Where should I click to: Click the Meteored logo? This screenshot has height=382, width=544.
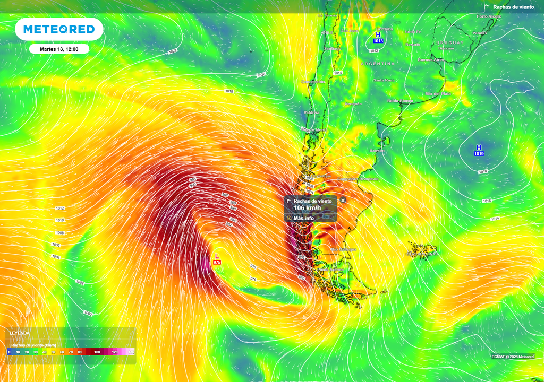pyautogui.click(x=59, y=29)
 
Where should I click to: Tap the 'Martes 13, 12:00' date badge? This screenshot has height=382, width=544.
pyautogui.click(x=59, y=49)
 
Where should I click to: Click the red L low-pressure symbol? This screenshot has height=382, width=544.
pyautogui.click(x=216, y=256)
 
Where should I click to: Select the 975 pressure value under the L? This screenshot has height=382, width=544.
pyautogui.click(x=217, y=263)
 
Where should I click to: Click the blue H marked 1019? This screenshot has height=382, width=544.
pyautogui.click(x=479, y=147)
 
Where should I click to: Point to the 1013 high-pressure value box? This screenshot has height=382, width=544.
pyautogui.click(x=378, y=41)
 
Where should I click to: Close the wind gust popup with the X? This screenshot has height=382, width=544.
pyautogui.click(x=343, y=201)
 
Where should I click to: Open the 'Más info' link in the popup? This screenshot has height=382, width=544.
pyautogui.click(x=304, y=218)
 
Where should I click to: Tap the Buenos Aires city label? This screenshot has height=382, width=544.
pyautogui.click(x=430, y=60)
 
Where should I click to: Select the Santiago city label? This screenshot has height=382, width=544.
pyautogui.click(x=333, y=49)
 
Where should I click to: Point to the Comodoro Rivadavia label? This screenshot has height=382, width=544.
pyautogui.click(x=358, y=179)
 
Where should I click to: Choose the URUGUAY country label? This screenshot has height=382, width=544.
pyautogui.click(x=450, y=42)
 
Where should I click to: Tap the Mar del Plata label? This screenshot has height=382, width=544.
pyautogui.click(x=438, y=93)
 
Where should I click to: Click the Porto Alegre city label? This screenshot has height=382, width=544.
pyautogui.click(x=489, y=16)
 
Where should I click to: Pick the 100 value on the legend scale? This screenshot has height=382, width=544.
pyautogui.click(x=97, y=352)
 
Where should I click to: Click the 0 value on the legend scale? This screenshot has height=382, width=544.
pyautogui.click(x=9, y=352)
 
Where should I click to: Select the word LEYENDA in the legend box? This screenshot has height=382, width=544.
pyautogui.click(x=20, y=333)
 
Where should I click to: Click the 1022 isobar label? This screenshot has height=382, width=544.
pyautogui.click(x=173, y=51)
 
